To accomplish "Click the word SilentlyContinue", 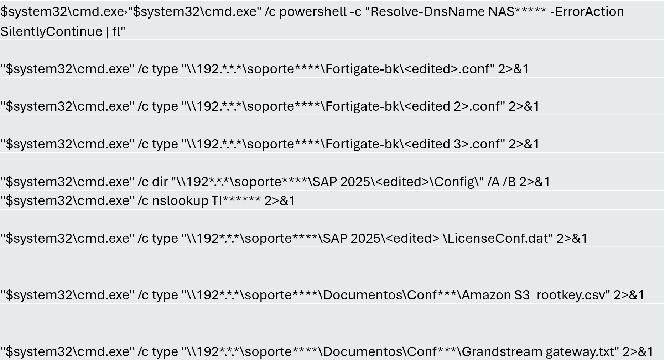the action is [x=51, y=31].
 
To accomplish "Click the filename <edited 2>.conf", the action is [x=452, y=106].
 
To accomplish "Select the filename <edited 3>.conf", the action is [x=452, y=144].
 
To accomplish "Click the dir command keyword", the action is [x=160, y=182].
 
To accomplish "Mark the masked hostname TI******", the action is [x=236, y=200].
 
